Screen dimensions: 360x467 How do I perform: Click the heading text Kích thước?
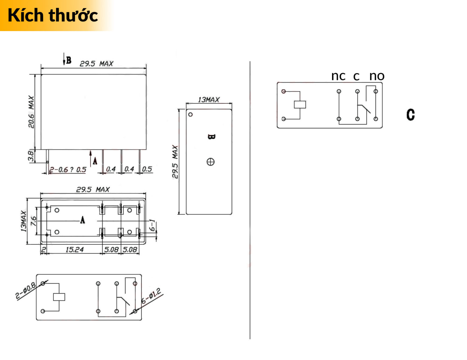pos(53,15)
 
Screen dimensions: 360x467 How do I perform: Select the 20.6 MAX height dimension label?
pos(31,112)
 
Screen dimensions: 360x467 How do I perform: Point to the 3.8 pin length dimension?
pos(31,156)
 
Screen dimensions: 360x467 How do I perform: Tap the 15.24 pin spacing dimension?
pos(74,250)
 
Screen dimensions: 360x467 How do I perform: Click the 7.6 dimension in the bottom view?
pos(33,221)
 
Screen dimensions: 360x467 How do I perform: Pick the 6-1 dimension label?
pos(152,225)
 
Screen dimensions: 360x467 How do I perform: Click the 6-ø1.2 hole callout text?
pos(151,296)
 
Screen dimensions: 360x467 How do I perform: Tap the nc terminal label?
pos(338,76)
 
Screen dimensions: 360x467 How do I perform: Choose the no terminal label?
pos(377,76)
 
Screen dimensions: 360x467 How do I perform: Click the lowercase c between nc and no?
pos(356,76)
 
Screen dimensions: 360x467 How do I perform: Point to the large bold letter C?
pos(410,115)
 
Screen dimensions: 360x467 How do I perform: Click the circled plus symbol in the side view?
pos(210,162)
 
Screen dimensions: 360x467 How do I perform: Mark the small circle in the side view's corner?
pos(190,115)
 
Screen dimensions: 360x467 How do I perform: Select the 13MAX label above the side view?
pos(209,100)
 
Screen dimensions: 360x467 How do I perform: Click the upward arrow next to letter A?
pos(91,158)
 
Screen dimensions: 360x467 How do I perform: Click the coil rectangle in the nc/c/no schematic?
pos(300,104)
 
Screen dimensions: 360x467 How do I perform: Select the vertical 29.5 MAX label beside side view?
pos(175,162)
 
